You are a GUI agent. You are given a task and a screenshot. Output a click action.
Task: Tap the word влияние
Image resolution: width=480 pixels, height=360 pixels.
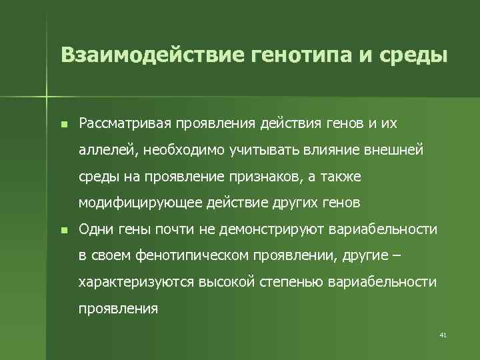point(326,150)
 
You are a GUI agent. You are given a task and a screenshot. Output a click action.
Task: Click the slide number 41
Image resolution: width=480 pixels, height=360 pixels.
point(443,335)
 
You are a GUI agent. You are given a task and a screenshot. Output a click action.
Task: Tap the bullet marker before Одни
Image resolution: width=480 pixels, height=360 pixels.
point(63,230)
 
